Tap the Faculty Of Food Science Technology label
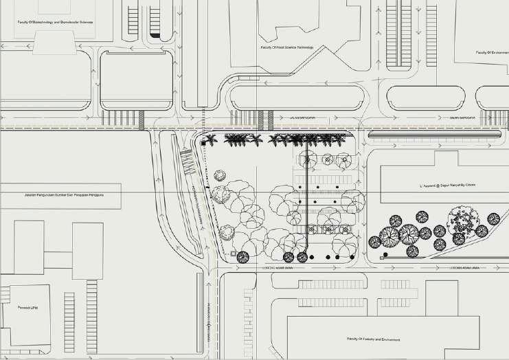point(286,47)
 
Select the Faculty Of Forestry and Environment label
point(374,339)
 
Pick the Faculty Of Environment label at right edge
point(492,52)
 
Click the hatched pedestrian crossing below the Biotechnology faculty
point(142,119)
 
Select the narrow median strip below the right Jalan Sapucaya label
point(433,135)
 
